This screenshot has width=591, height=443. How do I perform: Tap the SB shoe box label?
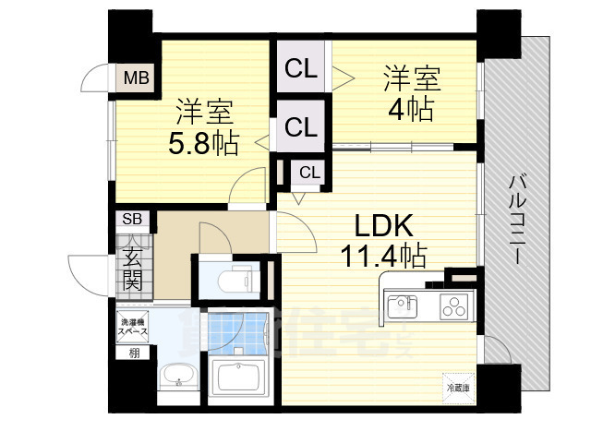pyautogui.click(x=132, y=219)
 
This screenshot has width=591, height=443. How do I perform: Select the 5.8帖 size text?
pyautogui.click(x=203, y=143)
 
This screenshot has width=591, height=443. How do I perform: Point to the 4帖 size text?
pyautogui.click(x=412, y=109)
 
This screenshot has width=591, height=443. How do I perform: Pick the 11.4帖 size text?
pyautogui.click(x=383, y=255)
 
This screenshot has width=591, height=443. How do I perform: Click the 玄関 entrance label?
pyautogui.click(x=131, y=266)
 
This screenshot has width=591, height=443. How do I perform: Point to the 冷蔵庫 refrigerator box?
pyautogui.click(x=459, y=388)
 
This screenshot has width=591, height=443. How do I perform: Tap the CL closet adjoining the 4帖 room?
pyautogui.click(x=301, y=67)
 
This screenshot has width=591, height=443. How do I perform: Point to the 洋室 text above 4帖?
pyautogui.click(x=413, y=78)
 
